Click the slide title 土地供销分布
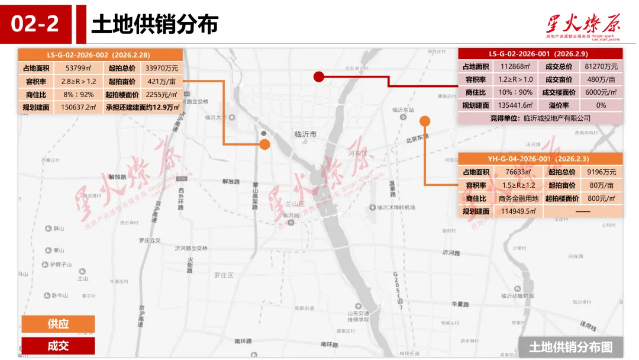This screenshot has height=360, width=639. click(x=155, y=24)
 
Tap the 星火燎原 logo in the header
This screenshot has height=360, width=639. click(x=583, y=25)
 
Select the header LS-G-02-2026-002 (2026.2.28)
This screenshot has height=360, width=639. click(x=100, y=54)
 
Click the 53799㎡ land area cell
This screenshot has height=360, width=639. click(x=78, y=68)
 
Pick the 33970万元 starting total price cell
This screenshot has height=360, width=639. click(x=162, y=68)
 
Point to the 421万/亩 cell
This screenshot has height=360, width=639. click(x=162, y=81)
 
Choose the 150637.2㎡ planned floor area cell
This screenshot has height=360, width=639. click(x=78, y=108)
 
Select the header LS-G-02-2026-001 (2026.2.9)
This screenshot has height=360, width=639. click(x=540, y=53)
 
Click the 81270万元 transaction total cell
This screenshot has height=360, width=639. click(x=601, y=66)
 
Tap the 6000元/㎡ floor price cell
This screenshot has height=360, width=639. click(x=601, y=92)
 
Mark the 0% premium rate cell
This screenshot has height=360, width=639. click(x=601, y=105)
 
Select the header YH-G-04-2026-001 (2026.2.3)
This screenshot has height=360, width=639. click(x=540, y=159)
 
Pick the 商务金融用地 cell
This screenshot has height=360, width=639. click(x=518, y=198)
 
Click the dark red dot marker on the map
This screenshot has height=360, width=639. click(x=318, y=76)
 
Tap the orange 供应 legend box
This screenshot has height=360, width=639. click(x=58, y=324)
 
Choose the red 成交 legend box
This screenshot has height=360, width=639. click(x=58, y=346)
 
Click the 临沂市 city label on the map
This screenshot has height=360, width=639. click(x=305, y=134)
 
